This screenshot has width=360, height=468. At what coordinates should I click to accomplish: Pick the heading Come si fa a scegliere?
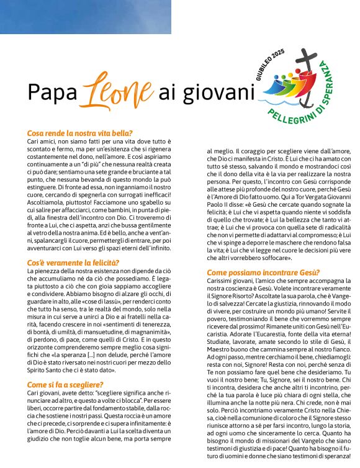click(x=66, y=367)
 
